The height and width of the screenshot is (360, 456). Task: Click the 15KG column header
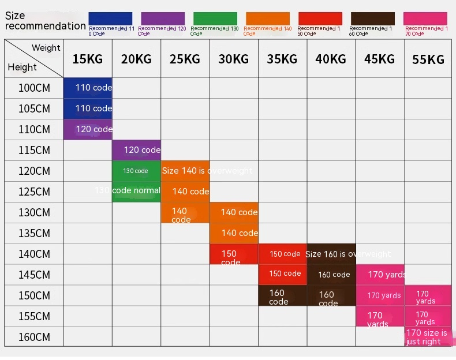point(87,58)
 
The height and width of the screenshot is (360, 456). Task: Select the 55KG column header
point(428,59)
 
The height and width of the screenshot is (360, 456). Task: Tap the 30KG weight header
point(233,58)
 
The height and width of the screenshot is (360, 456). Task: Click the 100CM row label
point(34,88)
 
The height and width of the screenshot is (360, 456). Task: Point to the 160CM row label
point(34,337)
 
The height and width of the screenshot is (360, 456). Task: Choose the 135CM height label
point(34,233)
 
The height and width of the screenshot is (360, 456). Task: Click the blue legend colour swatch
point(110,18)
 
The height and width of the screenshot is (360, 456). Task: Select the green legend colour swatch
point(215,18)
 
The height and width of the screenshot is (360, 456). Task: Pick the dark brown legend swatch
point(372,18)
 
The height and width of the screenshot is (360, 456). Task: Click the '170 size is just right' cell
point(427,337)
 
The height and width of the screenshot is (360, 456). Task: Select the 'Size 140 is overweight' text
point(207,171)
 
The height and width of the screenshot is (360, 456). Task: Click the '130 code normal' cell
point(128,190)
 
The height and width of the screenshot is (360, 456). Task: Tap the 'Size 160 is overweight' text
point(347,254)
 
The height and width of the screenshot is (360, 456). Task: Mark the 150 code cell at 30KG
point(233,254)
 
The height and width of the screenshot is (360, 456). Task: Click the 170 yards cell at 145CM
point(386,275)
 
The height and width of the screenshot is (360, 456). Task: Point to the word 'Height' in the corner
point(23,67)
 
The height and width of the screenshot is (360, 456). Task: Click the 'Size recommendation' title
point(44,21)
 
